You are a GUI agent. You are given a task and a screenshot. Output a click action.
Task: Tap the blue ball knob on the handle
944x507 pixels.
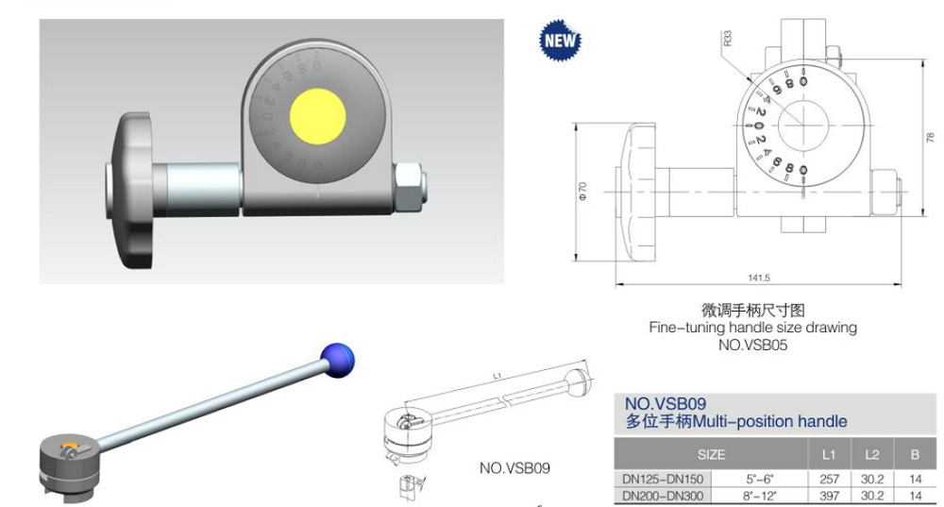tap(339, 358)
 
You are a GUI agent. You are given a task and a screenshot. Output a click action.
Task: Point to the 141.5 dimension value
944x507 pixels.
tap(758, 277)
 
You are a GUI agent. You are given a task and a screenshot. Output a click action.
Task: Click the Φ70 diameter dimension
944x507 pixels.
tap(582, 192)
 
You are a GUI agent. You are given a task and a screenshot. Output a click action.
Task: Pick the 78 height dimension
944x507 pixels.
tap(929, 137)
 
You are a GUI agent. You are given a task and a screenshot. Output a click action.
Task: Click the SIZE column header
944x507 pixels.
tap(712, 454)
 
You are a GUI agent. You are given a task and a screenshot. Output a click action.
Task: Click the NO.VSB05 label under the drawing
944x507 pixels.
tap(752, 346)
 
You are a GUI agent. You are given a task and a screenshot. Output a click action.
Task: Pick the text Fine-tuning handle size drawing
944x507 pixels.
tap(752, 328)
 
